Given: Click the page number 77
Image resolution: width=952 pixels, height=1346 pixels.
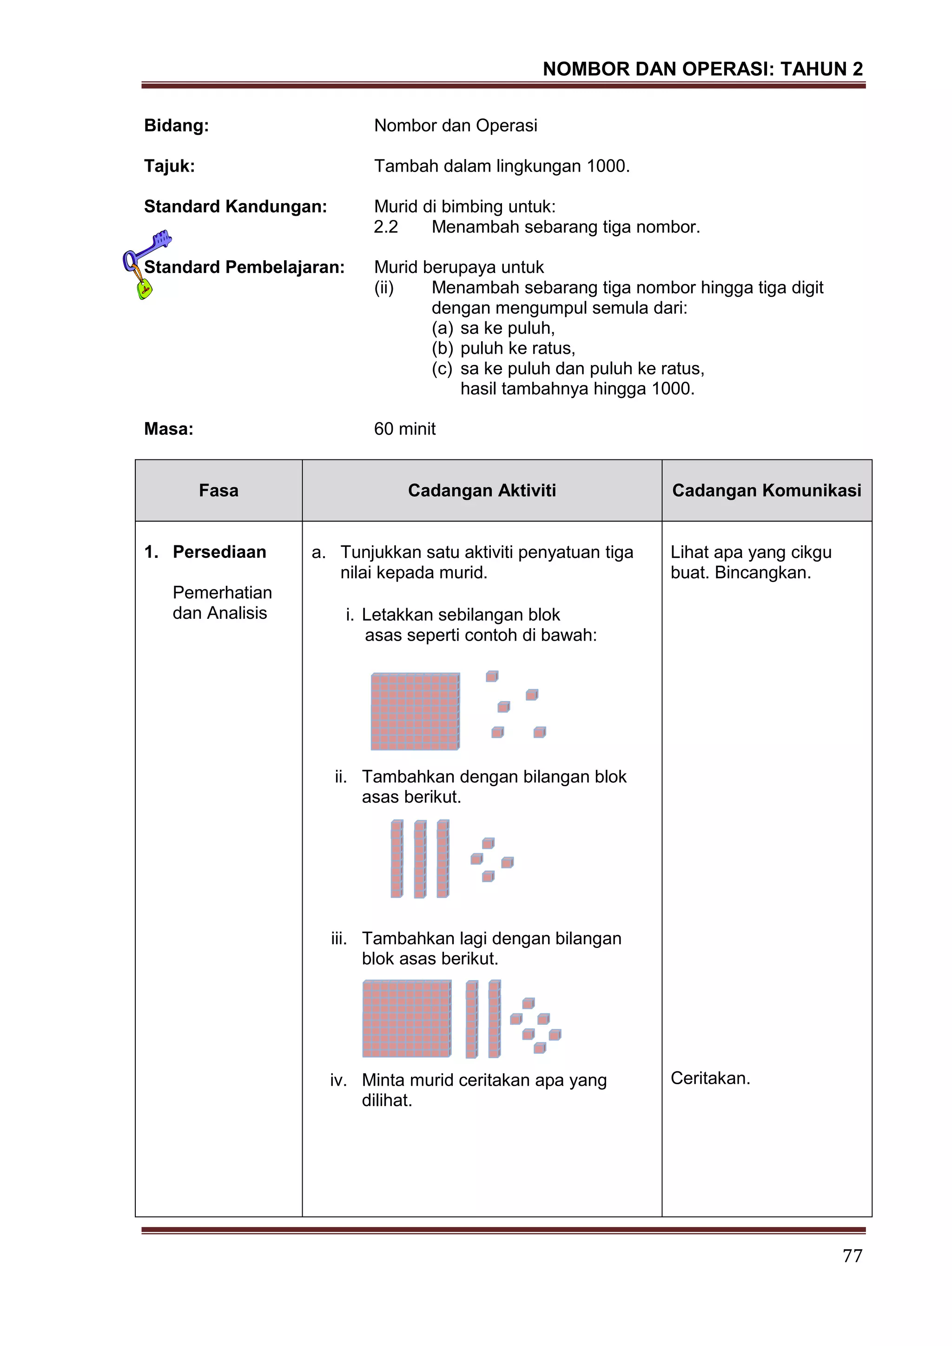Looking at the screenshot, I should tap(852, 1256).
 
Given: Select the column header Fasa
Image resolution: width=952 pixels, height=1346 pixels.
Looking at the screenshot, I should tap(218, 490).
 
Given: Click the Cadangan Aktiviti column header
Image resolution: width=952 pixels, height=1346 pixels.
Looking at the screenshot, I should tap(482, 490).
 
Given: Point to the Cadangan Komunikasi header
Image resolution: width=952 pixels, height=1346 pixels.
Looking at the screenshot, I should tap(766, 490).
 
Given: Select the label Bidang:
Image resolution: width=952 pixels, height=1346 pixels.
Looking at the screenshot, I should tap(177, 126).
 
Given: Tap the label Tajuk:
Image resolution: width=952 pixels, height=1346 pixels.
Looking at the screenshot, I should tap(169, 166).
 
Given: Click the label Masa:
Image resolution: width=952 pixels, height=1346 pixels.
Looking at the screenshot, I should tap(169, 429).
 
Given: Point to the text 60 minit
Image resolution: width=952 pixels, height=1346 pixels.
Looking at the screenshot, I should tap(404, 429).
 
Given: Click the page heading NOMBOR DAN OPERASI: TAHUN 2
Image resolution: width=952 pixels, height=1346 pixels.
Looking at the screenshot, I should tap(702, 69).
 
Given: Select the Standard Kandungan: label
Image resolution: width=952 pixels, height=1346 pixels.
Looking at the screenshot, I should tap(235, 206).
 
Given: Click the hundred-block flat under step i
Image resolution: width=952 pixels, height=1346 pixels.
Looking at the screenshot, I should tap(415, 711).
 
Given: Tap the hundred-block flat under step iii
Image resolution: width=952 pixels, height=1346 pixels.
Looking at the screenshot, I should tap(407, 1018).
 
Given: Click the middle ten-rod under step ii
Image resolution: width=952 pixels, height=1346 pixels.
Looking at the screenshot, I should tap(420, 859).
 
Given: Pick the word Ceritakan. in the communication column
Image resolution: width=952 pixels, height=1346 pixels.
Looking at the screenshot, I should tap(710, 1078).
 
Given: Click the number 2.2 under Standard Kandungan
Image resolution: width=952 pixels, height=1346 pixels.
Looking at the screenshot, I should tap(386, 227).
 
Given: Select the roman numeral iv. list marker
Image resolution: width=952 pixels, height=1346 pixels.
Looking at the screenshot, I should tap(338, 1080).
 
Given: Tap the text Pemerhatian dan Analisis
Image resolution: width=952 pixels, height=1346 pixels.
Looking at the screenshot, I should tap(222, 603).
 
